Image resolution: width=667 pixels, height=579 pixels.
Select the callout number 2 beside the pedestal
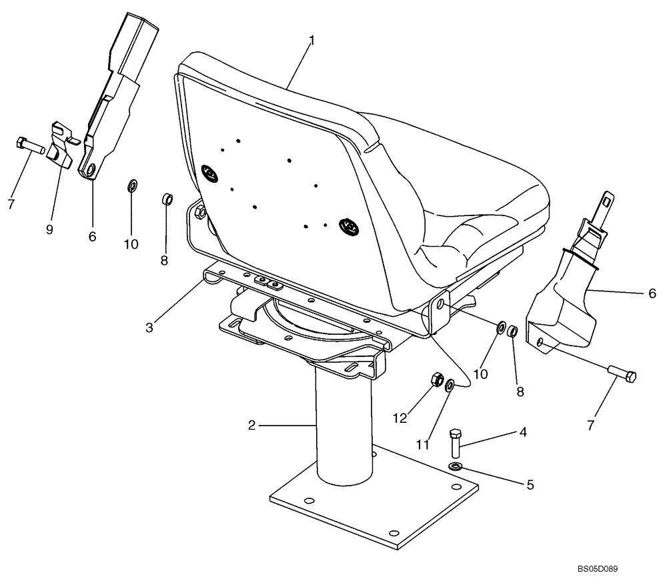[x=251, y=425]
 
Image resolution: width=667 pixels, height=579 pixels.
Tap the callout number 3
[x=149, y=328]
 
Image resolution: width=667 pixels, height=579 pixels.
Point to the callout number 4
[x=522, y=433]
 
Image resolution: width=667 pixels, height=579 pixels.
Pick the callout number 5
[x=530, y=485]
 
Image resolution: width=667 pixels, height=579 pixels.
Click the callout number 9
[x=49, y=229]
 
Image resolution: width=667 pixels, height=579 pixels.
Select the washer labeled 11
[x=451, y=385]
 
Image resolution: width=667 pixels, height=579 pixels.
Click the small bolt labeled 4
[x=456, y=443]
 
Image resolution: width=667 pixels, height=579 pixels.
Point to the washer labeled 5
[x=456, y=466]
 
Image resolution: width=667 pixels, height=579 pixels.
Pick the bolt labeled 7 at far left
[x=28, y=145]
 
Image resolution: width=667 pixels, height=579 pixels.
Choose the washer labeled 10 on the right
[x=500, y=327]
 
